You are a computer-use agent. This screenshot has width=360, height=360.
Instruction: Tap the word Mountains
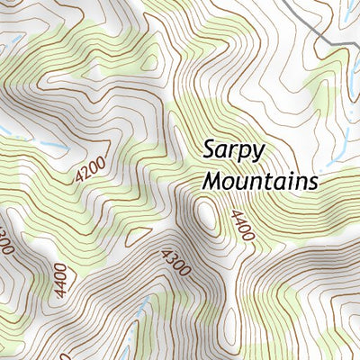tap(260, 180)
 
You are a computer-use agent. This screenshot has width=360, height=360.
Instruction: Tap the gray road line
tap(306, 22)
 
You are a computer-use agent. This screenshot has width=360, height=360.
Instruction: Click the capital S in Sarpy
tap(209, 148)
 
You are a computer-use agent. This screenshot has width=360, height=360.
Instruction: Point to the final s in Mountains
tap(313, 182)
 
